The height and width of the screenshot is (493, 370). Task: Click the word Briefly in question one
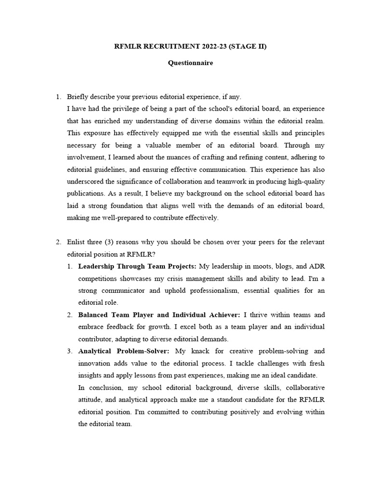tap(78, 97)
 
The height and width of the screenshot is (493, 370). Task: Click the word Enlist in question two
tap(77, 242)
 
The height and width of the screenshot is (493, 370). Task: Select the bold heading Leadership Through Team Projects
tap(137, 266)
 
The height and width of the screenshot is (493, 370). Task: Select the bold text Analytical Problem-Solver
tap(123, 351)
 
